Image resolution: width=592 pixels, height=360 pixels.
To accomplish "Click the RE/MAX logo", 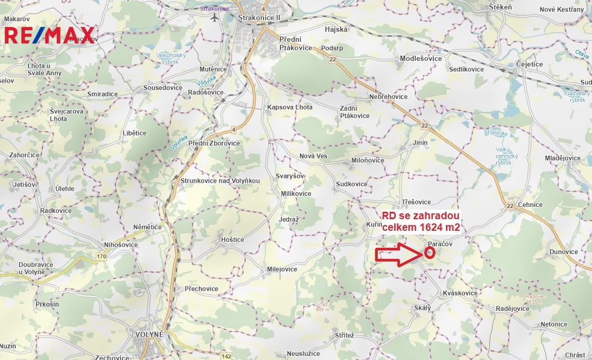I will (x=49, y=35).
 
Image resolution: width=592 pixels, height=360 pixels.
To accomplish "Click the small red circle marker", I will (x=430, y=252).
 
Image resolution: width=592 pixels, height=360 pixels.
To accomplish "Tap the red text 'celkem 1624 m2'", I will (x=421, y=227).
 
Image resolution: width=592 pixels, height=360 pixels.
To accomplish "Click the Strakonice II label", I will (x=259, y=17).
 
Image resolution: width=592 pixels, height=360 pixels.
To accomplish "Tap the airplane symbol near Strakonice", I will (x=214, y=17).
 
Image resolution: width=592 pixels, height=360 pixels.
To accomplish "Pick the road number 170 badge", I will (x=101, y=257).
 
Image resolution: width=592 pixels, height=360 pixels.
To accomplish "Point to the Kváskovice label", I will (x=460, y=293).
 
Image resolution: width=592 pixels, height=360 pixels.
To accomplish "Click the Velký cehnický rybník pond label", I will (x=506, y=156).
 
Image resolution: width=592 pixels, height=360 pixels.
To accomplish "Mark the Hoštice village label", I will (x=232, y=239).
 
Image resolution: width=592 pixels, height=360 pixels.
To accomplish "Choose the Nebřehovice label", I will (x=389, y=97).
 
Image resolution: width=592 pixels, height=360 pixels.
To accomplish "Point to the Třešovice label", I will (x=416, y=202).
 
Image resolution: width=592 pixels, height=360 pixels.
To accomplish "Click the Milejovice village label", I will (x=282, y=269).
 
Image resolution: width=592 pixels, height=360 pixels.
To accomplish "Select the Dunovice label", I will (x=563, y=251).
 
